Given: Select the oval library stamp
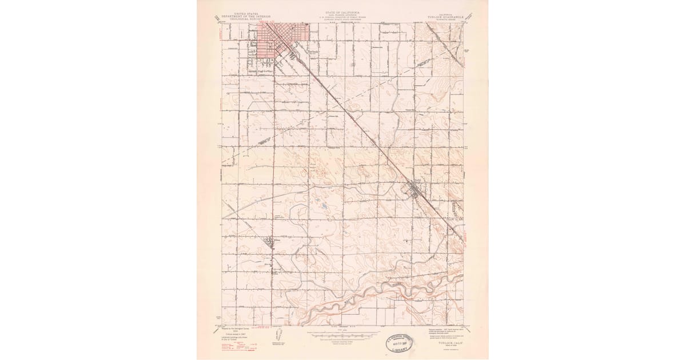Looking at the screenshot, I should point(401,343).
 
